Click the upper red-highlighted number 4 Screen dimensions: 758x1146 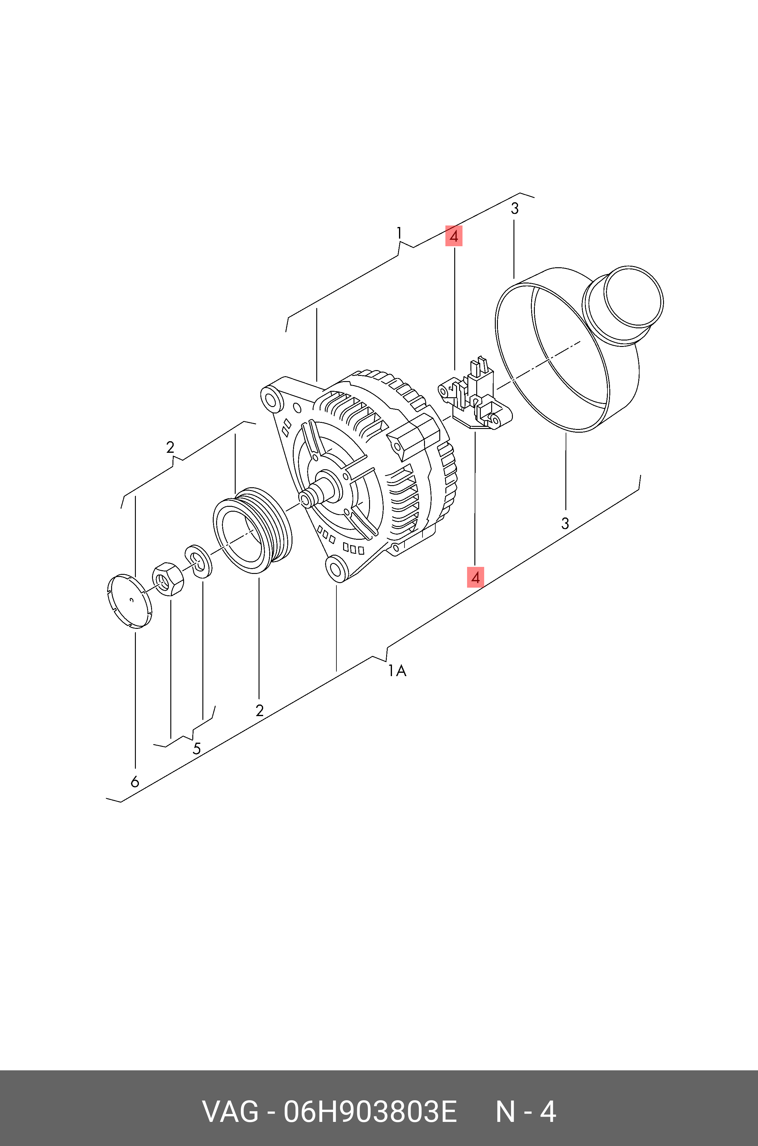coord(453,236)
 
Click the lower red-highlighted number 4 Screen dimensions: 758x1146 coord(475,577)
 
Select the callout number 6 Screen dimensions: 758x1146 coord(135,781)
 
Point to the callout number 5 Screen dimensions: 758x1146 coord(196,749)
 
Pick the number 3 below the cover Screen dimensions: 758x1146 coord(565,523)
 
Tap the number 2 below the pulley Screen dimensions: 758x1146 coord(259,710)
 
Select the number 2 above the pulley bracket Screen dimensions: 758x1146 coord(170,447)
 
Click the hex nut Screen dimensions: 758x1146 coord(167,580)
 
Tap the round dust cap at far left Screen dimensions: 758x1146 coord(129,601)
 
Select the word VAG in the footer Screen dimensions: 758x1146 coord(230,1112)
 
